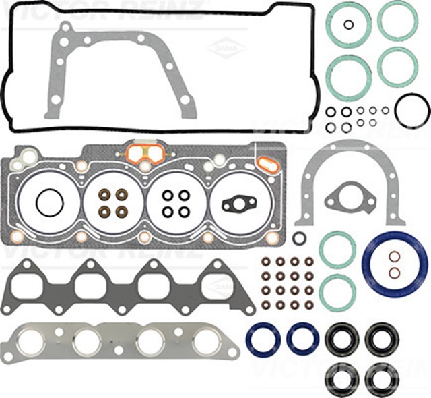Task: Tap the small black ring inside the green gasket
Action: click(x=348, y=25)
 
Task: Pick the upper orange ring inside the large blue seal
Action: click(x=395, y=256)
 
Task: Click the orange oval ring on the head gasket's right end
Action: click(x=267, y=164)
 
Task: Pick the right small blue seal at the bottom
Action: click(x=302, y=339)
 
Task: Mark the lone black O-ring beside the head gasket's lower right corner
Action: click(x=299, y=237)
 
